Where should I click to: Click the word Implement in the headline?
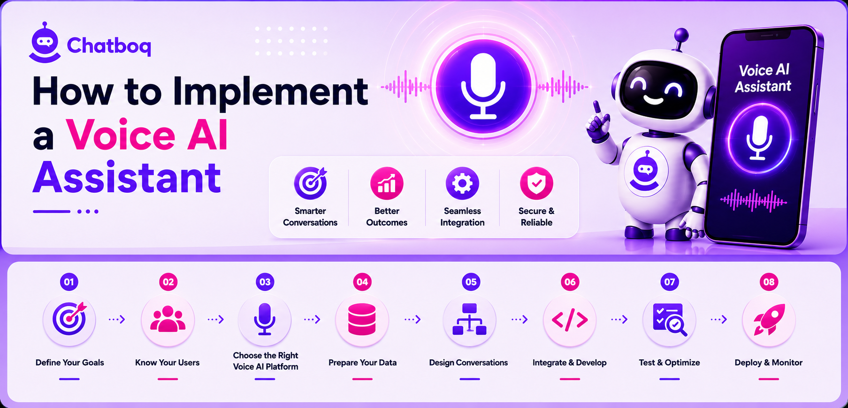270,92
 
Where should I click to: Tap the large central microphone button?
483,87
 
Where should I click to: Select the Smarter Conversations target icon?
310,183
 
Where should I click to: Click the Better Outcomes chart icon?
387,183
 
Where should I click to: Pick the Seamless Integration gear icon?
462,183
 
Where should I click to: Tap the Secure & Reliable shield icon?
536,183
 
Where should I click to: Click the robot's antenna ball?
681,35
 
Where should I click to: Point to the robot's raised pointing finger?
597,107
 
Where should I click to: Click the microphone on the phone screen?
759,138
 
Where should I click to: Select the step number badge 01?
69,282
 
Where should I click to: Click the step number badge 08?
769,282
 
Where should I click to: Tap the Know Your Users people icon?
168,319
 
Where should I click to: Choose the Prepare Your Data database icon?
362,319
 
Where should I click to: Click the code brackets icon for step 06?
570,320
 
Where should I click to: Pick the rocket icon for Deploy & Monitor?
769,319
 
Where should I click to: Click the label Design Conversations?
468,363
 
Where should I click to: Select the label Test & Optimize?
669,363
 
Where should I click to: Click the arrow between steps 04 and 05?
413,319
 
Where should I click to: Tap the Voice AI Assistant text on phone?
764,78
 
